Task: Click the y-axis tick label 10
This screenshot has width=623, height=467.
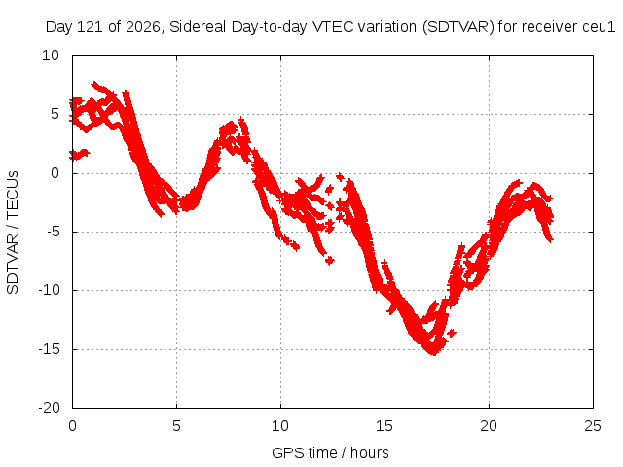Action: point(51,55)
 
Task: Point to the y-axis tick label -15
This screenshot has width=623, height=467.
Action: point(49,349)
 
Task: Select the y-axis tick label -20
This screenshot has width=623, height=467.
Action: point(49,408)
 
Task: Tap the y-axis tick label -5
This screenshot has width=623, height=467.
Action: point(53,232)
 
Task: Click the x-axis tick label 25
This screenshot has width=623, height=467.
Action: point(593,426)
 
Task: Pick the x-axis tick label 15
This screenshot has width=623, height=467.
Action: point(385,426)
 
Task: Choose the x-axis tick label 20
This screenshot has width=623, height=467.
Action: point(489,426)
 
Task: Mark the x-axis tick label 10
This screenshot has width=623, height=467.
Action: point(280,426)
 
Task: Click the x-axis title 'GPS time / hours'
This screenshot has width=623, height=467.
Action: point(330,452)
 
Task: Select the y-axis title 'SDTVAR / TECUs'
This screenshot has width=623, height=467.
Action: point(13,233)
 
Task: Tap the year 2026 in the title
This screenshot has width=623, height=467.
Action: point(142,27)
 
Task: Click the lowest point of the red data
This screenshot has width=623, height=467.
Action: point(434,353)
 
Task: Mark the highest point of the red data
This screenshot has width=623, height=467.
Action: point(95,84)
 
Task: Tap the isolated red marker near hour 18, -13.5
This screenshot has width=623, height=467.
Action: point(452,333)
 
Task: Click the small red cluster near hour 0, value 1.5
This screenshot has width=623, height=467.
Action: point(79,154)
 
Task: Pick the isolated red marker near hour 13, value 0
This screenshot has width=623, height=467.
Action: point(340,177)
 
